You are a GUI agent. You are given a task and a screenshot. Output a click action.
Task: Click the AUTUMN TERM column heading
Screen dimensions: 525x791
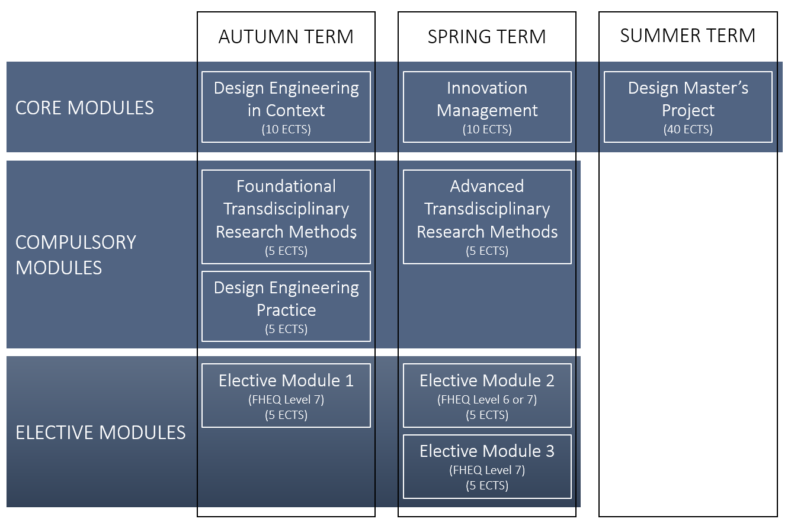pyautogui.click(x=286, y=37)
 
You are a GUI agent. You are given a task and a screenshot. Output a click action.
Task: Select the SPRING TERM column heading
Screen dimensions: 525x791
pyautogui.click(x=487, y=37)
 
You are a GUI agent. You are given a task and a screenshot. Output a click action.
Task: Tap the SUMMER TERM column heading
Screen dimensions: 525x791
pyautogui.click(x=688, y=36)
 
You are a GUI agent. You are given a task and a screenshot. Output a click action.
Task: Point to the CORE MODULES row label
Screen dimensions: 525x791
pyautogui.click(x=85, y=108)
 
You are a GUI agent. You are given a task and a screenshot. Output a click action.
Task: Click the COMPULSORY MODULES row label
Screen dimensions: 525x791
pyautogui.click(x=76, y=255)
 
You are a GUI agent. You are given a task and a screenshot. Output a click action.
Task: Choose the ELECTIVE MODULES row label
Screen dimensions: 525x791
pyautogui.click(x=101, y=433)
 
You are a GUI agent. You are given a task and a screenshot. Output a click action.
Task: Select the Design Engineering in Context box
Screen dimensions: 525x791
pyautogui.click(x=286, y=107)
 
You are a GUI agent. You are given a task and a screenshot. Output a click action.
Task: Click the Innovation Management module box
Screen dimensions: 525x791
pyautogui.click(x=487, y=107)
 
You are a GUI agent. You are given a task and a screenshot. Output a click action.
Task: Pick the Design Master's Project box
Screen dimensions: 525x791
pyautogui.click(x=688, y=107)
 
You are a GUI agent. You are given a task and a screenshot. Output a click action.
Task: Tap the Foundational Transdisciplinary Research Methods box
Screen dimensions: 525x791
pyautogui.click(x=286, y=216)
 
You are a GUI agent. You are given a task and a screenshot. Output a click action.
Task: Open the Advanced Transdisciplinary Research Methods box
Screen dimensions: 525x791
pyautogui.click(x=487, y=216)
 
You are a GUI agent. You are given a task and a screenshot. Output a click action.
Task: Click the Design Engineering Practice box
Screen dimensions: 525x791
pyautogui.click(x=286, y=306)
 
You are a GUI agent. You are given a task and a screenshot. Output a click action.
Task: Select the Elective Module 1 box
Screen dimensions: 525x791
pyautogui.click(x=286, y=395)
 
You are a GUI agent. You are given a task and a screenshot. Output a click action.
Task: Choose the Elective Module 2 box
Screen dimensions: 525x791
pyautogui.click(x=487, y=395)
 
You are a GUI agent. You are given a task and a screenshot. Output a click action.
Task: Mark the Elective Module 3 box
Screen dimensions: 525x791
pyautogui.click(x=487, y=466)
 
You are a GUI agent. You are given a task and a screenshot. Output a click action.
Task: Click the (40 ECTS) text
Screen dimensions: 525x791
pyautogui.click(x=688, y=129)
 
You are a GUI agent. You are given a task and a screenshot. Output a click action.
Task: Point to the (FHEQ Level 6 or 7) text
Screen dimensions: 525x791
pyautogui.click(x=487, y=399)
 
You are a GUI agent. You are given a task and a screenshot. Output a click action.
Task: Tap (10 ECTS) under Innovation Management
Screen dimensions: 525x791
pyautogui.click(x=487, y=129)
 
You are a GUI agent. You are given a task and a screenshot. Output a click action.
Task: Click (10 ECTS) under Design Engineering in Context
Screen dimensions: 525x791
pyautogui.click(x=286, y=129)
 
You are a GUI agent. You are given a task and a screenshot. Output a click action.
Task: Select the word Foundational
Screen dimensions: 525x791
pyautogui.click(x=286, y=187)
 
